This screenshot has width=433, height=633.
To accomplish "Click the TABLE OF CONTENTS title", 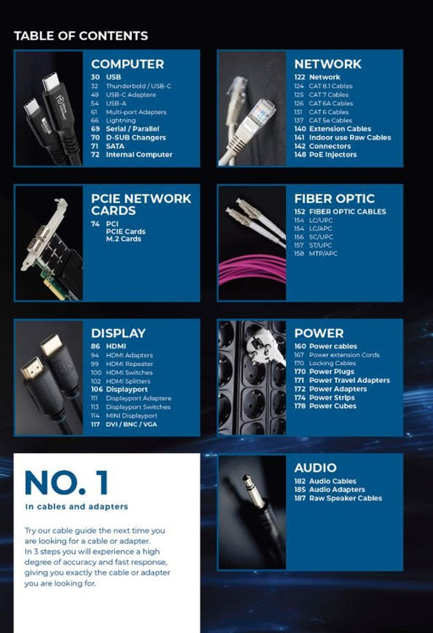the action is pos(81,36).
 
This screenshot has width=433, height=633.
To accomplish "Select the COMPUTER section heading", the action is pos(127,64).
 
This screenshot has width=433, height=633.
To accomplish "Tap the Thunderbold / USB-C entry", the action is pos(139,86).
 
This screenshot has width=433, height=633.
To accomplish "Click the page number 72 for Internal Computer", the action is pos(96,155).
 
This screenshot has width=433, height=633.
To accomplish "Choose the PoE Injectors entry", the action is pos(333,155).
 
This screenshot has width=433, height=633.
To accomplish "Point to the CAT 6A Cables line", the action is pos(331,103).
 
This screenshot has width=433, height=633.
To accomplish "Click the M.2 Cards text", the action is pos(123,239).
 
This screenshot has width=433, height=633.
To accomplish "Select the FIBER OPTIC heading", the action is pos(334,199).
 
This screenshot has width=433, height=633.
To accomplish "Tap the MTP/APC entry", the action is pos(323,254).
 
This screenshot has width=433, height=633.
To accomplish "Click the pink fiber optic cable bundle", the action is pos(251,270).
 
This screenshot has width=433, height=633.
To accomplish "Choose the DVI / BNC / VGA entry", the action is pos(131,424).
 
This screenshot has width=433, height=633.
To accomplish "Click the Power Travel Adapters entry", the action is pos(349,380).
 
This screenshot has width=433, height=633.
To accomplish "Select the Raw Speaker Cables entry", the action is pos(345,498).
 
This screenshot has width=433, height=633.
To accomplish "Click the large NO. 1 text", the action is pos(67,483).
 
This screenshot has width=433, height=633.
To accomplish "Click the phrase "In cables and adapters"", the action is pos(76,506).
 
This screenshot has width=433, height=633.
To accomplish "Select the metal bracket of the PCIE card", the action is pos(45,234).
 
